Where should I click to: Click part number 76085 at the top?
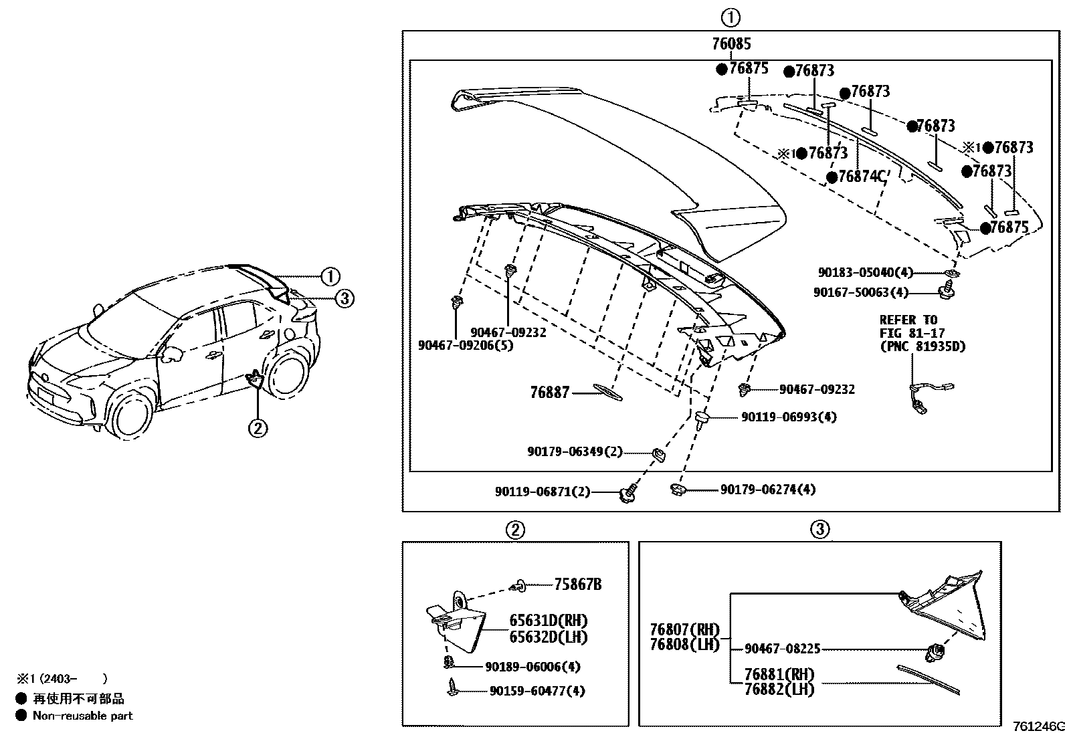(x=731, y=44)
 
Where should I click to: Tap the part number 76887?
(x=549, y=393)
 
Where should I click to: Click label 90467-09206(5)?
(x=466, y=346)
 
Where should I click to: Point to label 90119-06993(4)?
(x=789, y=417)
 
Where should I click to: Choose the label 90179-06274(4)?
(x=768, y=490)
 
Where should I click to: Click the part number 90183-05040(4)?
(x=864, y=273)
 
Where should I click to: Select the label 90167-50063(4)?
(x=861, y=292)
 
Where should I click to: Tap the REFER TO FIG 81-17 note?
(x=922, y=333)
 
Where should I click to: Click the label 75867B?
(x=577, y=585)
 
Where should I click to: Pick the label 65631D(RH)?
(x=548, y=621)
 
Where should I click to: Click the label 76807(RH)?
(x=684, y=630)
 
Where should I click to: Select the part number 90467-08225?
(x=782, y=649)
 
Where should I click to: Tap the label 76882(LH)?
(x=779, y=690)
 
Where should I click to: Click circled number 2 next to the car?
(x=258, y=427)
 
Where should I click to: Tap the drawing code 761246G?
(x=1038, y=726)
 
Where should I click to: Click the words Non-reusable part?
(x=82, y=716)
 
